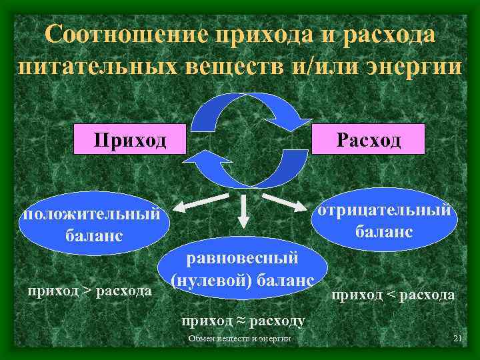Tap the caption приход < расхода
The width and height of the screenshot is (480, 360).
393,294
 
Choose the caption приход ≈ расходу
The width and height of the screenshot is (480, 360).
243,321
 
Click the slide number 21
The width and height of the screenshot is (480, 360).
457,339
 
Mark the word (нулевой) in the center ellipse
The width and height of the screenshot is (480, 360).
209,280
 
